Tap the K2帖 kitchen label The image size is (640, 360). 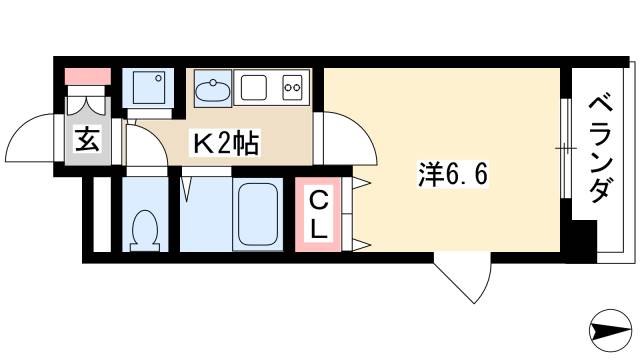[x=226, y=145]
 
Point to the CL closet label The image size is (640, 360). [x=317, y=214]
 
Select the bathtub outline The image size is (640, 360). [x=259, y=214]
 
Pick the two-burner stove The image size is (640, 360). [x=294, y=88]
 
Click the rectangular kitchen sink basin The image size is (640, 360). [x=254, y=89]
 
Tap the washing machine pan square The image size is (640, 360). [x=149, y=89]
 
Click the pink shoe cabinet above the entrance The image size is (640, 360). [x=87, y=76]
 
